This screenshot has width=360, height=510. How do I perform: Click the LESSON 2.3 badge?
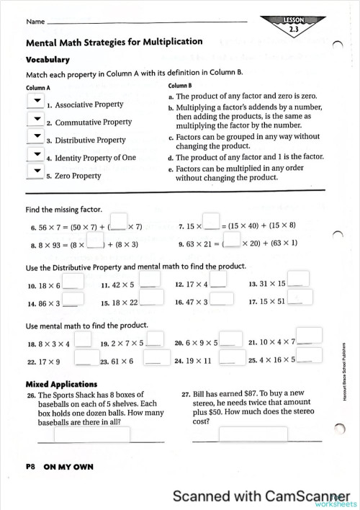tap(294, 25)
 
